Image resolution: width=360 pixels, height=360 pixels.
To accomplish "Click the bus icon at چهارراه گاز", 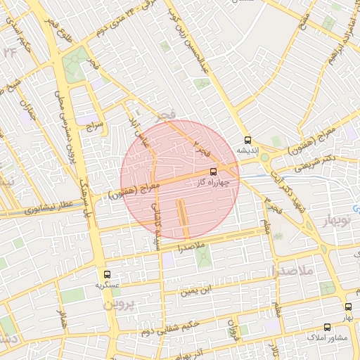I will (213, 172).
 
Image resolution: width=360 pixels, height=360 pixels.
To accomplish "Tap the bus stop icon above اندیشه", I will (246, 139).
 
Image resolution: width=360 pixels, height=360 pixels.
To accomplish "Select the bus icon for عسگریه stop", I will (107, 274).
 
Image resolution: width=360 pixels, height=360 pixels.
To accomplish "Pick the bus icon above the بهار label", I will (348, 307).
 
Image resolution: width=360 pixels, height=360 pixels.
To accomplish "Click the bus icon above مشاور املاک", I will (327, 327).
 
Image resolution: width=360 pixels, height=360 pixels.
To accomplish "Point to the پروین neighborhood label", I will (117, 307).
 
